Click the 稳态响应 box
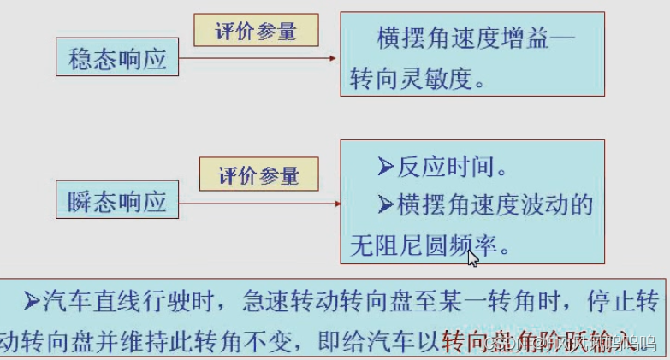[118, 60]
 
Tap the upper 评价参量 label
[257, 32]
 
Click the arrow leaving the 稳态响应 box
[257, 59]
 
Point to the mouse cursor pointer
[472, 257]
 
